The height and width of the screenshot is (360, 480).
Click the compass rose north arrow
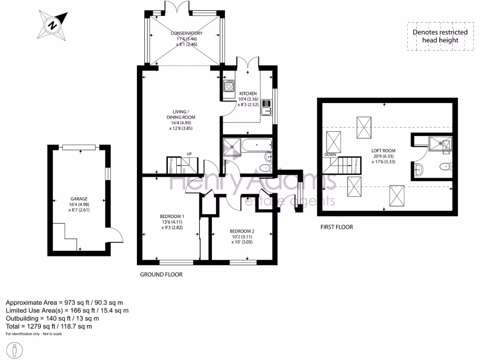(x=52, y=24)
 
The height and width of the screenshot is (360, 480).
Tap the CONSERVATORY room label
(x=187, y=33)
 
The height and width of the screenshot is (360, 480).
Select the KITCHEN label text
(x=248, y=94)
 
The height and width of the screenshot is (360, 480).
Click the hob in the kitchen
(x=230, y=86)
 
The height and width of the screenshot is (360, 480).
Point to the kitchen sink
(x=266, y=108)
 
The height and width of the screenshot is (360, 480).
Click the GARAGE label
(x=79, y=199)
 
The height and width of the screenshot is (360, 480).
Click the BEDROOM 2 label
(x=242, y=231)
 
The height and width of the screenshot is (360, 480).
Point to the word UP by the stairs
(x=189, y=154)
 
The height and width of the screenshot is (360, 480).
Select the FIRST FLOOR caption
(x=337, y=227)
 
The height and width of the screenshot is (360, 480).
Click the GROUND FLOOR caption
(x=161, y=274)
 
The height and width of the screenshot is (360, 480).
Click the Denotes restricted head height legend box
(x=440, y=36)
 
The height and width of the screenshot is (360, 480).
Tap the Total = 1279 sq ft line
(x=49, y=326)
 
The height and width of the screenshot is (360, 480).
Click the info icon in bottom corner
(x=16, y=349)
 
